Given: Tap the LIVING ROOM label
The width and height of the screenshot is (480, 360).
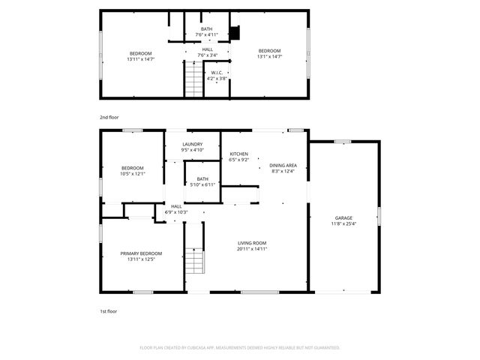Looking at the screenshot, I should [x=253, y=243].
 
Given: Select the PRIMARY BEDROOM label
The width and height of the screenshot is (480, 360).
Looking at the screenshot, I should [x=141, y=253].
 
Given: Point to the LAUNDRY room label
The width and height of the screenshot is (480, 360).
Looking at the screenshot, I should [x=192, y=144].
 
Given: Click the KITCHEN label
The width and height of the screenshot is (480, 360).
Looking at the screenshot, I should [x=238, y=154].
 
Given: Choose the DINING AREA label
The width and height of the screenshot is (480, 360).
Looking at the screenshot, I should [x=283, y=165].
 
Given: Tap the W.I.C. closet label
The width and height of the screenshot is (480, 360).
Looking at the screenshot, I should [x=217, y=72].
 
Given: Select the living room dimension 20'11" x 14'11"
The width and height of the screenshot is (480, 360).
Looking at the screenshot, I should [x=253, y=249].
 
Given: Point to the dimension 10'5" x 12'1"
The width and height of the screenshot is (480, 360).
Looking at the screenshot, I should [x=133, y=173].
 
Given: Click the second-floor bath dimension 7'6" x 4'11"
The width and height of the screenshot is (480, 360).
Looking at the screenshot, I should [x=206, y=34].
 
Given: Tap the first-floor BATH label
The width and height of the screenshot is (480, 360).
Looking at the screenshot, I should [x=202, y=178].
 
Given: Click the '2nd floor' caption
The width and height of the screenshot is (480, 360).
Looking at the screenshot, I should [x=109, y=118].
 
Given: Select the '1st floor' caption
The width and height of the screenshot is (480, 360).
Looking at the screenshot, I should [x=109, y=310].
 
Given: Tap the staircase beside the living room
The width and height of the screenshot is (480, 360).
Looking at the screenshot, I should [x=195, y=262].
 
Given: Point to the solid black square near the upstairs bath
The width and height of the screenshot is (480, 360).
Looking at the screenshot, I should [x=234, y=33].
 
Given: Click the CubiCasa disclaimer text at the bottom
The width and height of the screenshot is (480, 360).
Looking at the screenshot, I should [x=240, y=347].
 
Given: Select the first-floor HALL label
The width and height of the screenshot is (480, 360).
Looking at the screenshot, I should [x=176, y=206].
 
